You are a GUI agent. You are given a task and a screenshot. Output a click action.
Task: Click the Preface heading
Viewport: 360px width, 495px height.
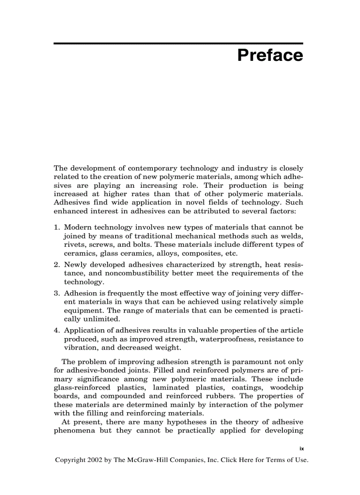[x=270, y=56]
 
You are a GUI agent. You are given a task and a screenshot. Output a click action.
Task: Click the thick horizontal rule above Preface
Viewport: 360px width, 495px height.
[x=178, y=43]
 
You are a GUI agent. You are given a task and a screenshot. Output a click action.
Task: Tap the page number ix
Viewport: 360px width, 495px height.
[x=302, y=448]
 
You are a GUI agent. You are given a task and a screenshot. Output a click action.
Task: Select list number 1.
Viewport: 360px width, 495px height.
[x=56, y=227]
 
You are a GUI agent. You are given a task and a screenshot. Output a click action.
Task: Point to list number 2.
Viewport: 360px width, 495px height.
[x=56, y=265]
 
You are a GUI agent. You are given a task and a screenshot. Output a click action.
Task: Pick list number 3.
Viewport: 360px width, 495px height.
[x=56, y=294]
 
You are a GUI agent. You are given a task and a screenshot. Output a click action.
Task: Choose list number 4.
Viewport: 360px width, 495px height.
[x=56, y=331]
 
